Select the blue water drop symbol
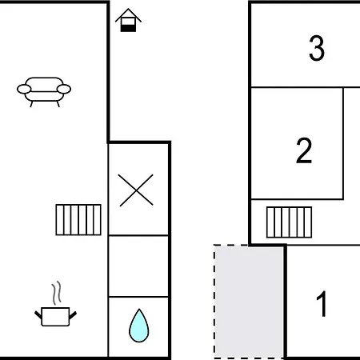coord(138,326)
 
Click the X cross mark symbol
coord(136,190)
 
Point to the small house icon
coord(128,20)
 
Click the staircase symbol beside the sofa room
coord(78,220)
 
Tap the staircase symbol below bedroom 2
coord(289,222)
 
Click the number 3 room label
coord(317,48)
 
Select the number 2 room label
coord(304,150)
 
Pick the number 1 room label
coord(322,304)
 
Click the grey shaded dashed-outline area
coord(249,302)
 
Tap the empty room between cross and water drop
coord(138,266)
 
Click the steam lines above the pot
coord(57,293)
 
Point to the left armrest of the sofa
coord(24,89)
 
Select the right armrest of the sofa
coord(64,89)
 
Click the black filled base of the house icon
coord(128,28)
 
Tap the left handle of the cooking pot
coord(38,315)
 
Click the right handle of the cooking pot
coord(73,315)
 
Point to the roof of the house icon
coord(128,15)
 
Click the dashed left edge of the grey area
coord(214,302)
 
